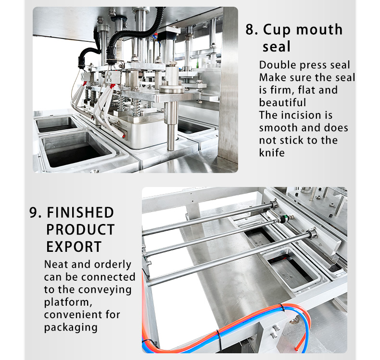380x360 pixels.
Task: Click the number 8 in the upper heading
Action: tap(250, 29)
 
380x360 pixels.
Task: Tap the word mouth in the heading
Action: tap(319, 29)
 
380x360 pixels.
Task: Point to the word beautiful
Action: tap(282, 102)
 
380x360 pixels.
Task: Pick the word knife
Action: tap(272, 153)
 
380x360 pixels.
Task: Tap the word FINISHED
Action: tap(80, 212)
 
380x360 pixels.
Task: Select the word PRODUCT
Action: tap(80, 230)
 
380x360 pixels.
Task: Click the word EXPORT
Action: tap(74, 247)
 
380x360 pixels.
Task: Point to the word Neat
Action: tap(56, 264)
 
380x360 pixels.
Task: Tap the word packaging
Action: tap(71, 328)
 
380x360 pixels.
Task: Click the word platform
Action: tap(67, 302)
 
